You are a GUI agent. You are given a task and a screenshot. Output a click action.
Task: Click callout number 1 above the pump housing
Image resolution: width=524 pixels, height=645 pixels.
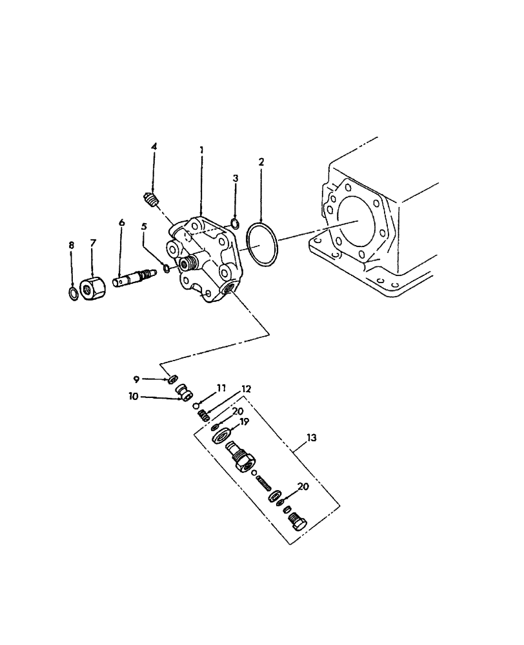[201, 150]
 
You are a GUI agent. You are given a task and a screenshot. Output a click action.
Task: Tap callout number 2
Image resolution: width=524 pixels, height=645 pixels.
[261, 161]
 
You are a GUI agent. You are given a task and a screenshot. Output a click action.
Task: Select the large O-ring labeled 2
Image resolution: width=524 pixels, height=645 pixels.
[263, 244]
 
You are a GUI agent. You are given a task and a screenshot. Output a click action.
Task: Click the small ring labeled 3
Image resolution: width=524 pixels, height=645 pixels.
[236, 224]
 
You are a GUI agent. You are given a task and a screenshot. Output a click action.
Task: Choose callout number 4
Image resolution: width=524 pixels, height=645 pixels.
[154, 147]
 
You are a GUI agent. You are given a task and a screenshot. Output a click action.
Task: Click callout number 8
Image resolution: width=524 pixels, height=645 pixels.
[72, 245]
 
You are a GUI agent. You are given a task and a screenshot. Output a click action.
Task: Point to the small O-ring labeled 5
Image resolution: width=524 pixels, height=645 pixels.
[166, 268]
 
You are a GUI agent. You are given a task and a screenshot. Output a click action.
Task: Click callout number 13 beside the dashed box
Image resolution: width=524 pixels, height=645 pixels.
[312, 438]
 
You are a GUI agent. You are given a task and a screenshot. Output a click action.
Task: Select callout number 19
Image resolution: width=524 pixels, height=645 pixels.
[244, 422]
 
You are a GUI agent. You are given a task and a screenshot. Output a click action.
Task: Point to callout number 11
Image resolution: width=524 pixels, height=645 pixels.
[221, 388]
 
